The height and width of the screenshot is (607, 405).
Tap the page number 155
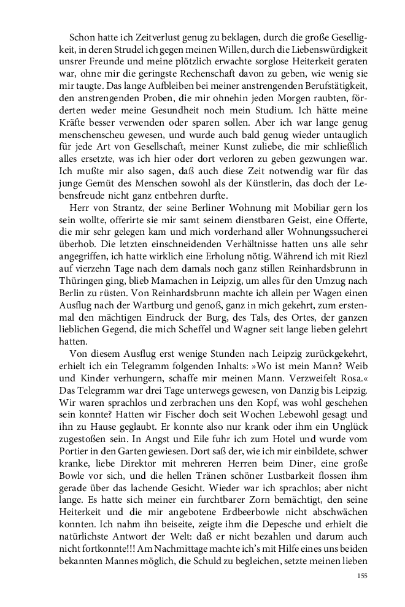[x=362, y=576]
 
